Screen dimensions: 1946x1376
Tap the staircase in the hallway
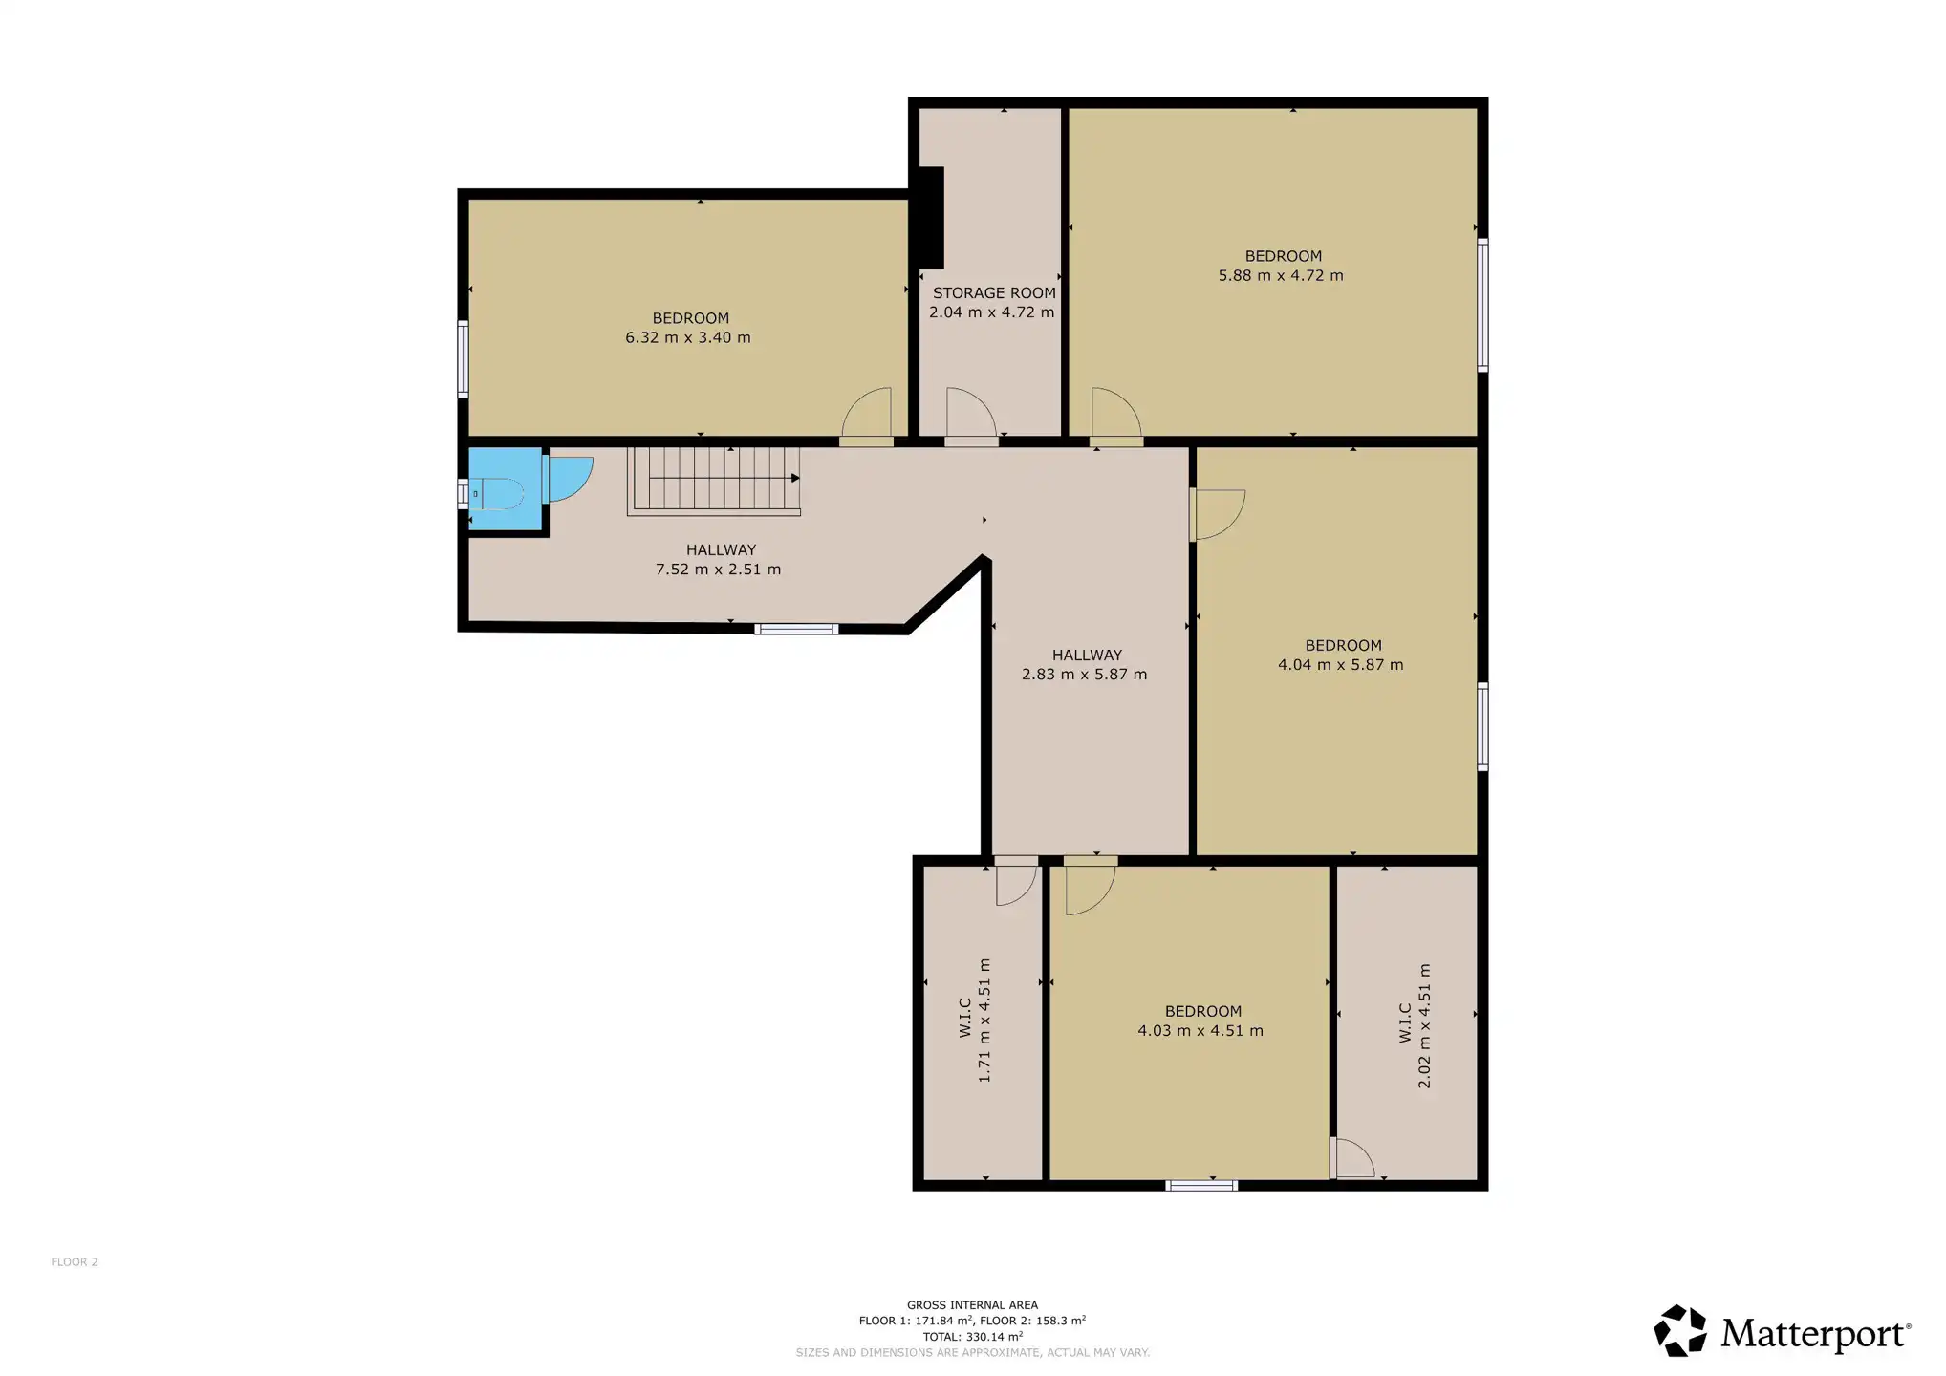[x=713, y=481]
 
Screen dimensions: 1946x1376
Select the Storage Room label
[x=994, y=293]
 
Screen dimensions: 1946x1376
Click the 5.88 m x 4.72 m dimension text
[x=1281, y=275]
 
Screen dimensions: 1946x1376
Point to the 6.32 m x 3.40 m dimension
[x=688, y=337]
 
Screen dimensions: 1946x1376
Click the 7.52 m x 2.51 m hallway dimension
[x=718, y=570]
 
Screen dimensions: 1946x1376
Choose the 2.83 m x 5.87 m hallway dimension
[x=1084, y=675]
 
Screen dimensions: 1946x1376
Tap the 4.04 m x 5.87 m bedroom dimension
[x=1341, y=665]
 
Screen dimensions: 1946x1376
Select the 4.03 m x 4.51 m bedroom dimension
[x=1200, y=1031]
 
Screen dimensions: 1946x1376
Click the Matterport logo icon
[x=1680, y=1331]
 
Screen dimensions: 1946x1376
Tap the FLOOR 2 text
[x=75, y=1262]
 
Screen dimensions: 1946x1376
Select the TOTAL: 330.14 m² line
[x=972, y=1337]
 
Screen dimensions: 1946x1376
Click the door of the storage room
[x=971, y=417]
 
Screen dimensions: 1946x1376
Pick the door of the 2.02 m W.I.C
[x=1352, y=1158]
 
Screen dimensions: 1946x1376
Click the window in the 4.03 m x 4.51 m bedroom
[x=1201, y=1186]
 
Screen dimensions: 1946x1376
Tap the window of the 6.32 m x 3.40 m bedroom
[x=463, y=358]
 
